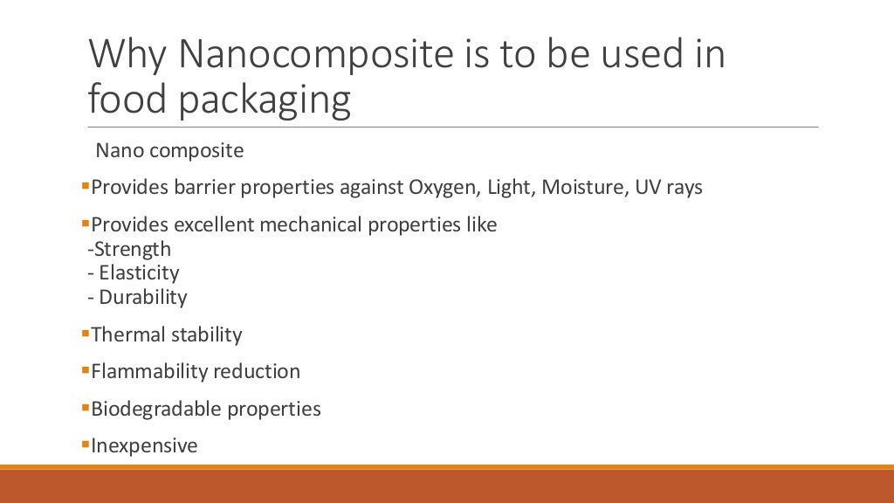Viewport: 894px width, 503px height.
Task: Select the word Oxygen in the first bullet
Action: coord(440,188)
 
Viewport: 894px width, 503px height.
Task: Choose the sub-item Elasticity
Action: coord(139,272)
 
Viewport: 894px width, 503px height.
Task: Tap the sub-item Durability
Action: coord(142,297)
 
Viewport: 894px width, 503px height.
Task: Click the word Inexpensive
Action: coord(144,446)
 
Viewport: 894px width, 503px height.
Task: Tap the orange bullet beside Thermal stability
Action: coord(85,333)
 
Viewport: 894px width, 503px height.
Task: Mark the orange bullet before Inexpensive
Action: coord(85,444)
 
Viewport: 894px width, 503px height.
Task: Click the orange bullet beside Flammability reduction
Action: coord(85,369)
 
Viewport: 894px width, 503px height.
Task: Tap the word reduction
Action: coord(258,371)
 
